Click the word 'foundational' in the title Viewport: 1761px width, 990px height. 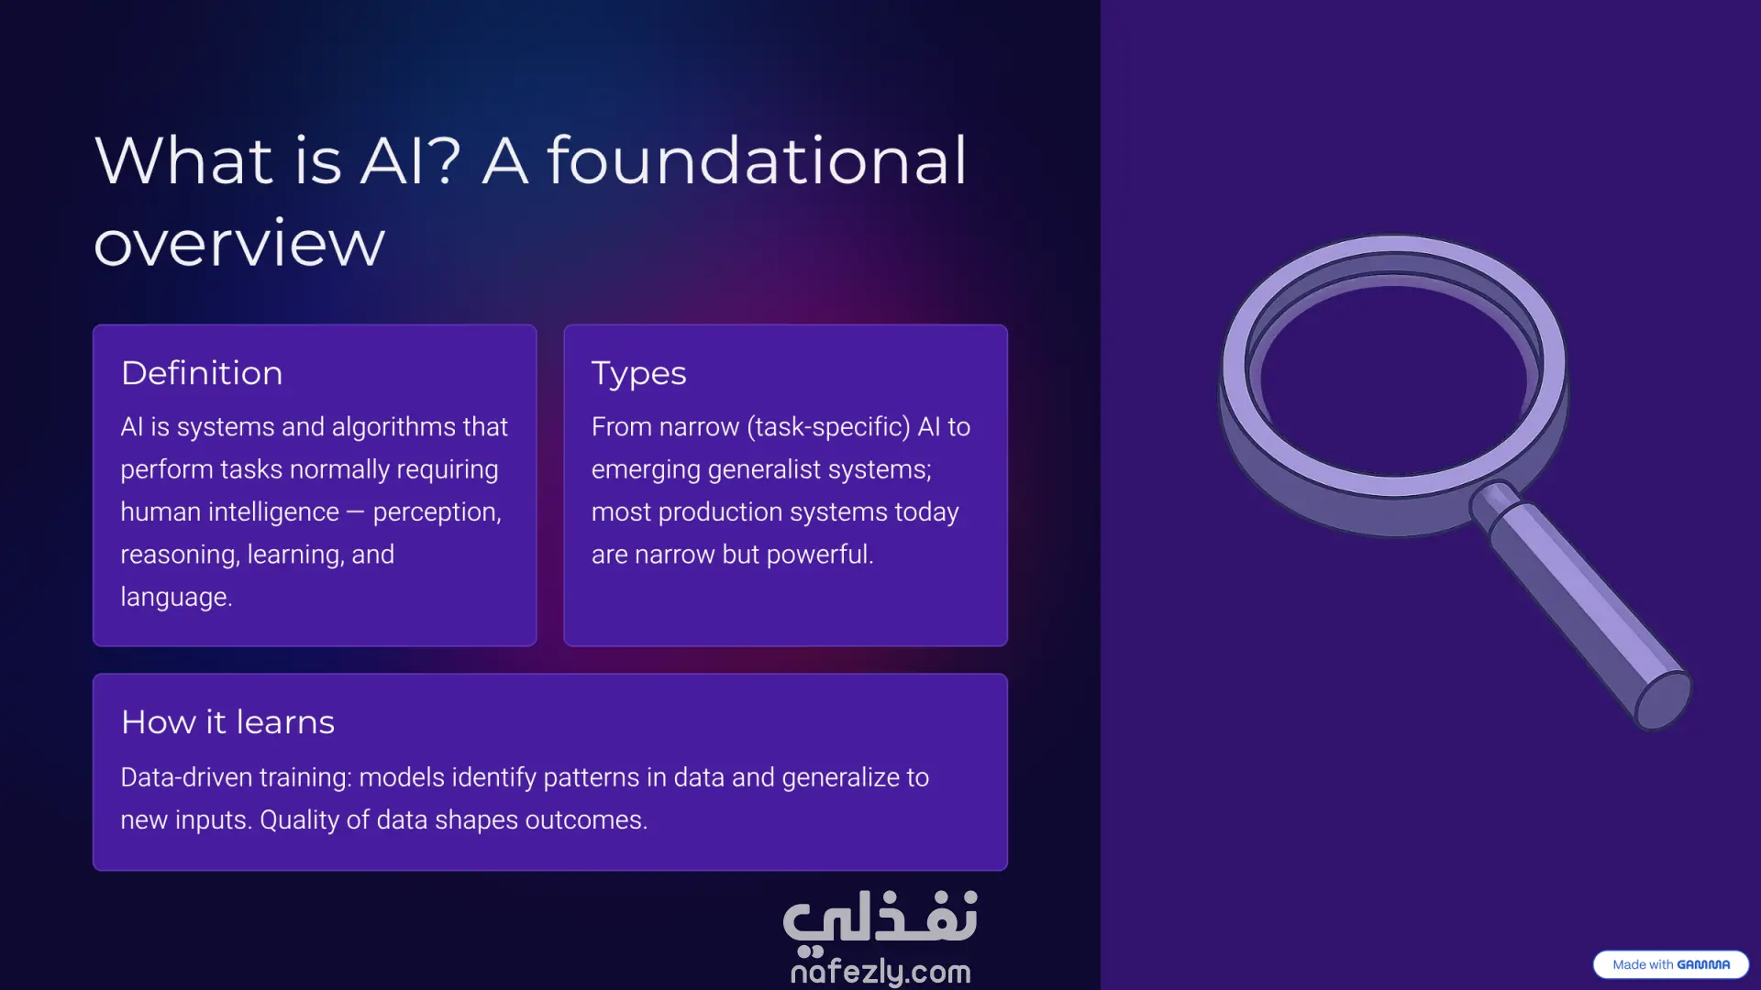(757, 159)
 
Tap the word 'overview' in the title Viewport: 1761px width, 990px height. (239, 244)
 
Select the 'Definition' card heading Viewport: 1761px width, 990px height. (202, 373)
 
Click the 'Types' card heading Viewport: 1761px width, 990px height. (639, 374)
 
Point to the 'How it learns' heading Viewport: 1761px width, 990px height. (228, 722)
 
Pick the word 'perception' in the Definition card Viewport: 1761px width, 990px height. (437, 512)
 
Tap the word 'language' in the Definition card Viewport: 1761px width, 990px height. (174, 598)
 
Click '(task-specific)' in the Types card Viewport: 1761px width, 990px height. (829, 427)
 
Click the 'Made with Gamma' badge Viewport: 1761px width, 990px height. (1671, 964)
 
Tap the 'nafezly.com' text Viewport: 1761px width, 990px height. (880, 971)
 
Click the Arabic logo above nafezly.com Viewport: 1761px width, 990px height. (880, 919)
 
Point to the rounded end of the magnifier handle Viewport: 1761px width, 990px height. (1664, 701)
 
